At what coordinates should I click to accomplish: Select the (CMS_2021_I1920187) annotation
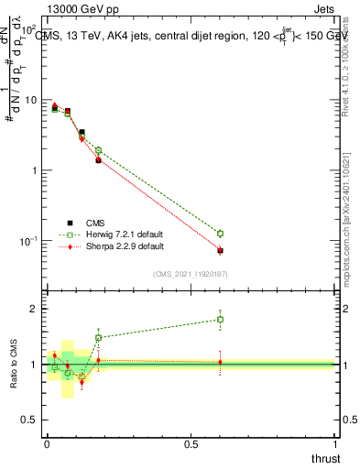tap(190, 273)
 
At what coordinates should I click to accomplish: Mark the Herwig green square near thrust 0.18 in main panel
tap(98, 150)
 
